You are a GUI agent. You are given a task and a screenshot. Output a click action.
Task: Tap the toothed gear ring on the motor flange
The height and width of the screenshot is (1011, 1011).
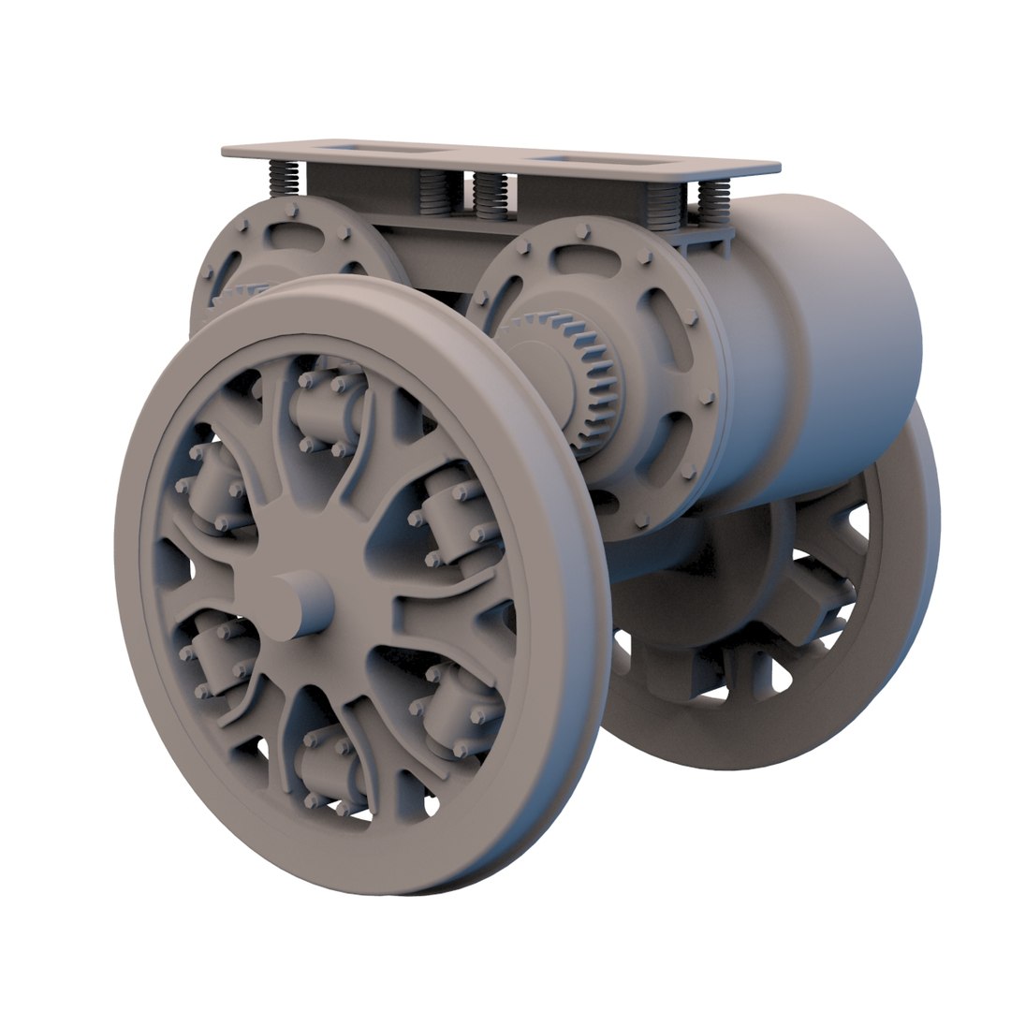tap(590, 374)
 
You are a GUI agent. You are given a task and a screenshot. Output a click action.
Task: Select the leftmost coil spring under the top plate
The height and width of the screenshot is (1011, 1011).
tap(284, 178)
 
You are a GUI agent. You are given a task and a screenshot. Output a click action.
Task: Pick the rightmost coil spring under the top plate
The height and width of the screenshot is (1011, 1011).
tap(714, 200)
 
